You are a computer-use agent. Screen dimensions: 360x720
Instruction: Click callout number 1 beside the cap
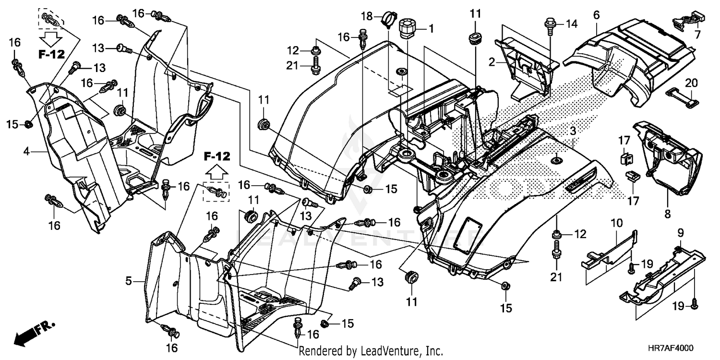[431, 29]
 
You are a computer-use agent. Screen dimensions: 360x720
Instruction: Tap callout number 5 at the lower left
[129, 281]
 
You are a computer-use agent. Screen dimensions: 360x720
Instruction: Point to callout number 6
[596, 15]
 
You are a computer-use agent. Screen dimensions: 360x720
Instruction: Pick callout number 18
[367, 17]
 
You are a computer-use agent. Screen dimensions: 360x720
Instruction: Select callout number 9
[680, 233]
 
